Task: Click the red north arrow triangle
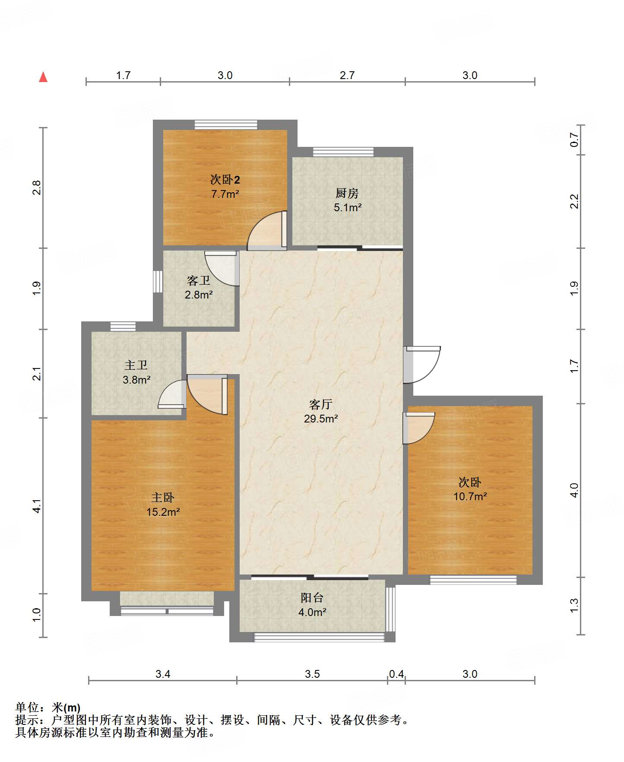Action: click(x=43, y=77)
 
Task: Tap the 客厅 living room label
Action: click(x=320, y=404)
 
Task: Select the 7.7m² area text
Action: click(x=225, y=194)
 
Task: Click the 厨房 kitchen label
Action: click(x=347, y=193)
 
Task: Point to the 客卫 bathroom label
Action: click(x=199, y=281)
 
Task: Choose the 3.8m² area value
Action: click(x=136, y=380)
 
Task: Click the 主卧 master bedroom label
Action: click(x=163, y=498)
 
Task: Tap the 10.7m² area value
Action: click(x=470, y=496)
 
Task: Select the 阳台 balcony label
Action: click(x=312, y=598)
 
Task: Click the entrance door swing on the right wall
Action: click(x=422, y=365)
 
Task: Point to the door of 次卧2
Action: click(x=267, y=231)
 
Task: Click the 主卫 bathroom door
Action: click(x=172, y=394)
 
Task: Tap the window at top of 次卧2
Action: click(x=226, y=125)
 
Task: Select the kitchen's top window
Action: click(x=343, y=152)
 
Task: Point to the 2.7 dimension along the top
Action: click(x=347, y=76)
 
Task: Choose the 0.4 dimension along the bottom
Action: click(x=396, y=674)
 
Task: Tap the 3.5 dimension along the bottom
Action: click(x=312, y=674)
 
